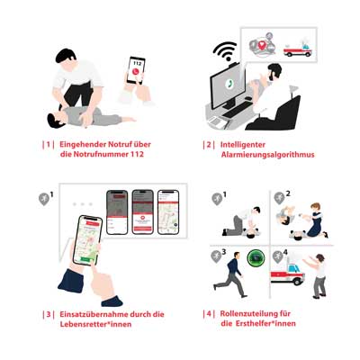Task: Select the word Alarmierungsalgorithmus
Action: tap(262, 154)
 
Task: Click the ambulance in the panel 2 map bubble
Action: tap(297, 50)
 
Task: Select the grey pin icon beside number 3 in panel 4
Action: tap(214, 256)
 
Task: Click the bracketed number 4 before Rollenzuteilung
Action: tap(209, 314)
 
